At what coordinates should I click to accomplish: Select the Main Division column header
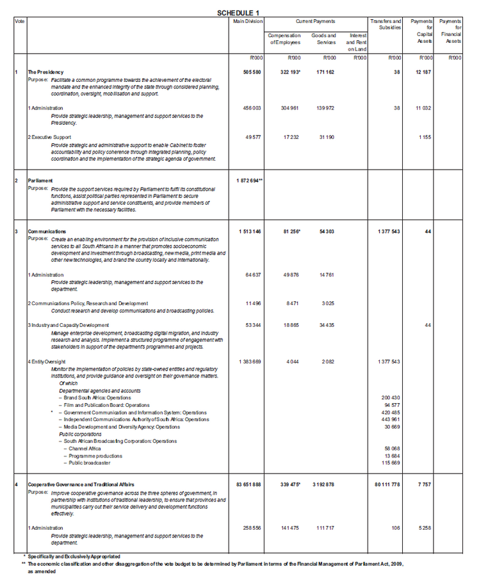249,21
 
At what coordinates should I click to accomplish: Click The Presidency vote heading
45,72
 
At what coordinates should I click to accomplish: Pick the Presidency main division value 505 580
250,72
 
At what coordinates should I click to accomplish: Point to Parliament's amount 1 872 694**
250,180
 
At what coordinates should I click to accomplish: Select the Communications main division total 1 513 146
250,230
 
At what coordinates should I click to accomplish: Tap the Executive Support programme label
51,137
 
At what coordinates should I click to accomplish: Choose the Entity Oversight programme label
47,362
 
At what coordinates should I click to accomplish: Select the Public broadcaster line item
89,462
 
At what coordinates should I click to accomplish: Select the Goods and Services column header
324,39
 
